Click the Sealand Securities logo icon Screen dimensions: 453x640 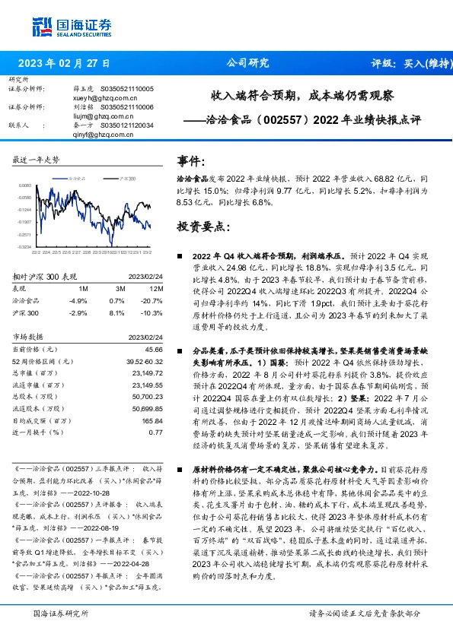41,25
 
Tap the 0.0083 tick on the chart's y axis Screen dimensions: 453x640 24,185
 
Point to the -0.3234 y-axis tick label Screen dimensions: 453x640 24,246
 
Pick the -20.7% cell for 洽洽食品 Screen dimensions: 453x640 152,300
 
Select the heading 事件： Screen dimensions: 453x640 191,161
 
